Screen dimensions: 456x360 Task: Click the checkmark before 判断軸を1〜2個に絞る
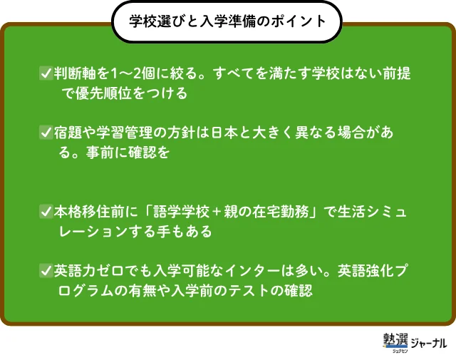(46, 73)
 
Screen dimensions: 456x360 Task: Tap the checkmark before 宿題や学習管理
(46, 133)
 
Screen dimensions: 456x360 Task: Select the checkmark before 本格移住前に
(46, 211)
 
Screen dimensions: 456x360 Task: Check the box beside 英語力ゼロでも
(46, 271)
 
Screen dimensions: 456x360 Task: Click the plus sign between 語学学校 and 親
(217, 212)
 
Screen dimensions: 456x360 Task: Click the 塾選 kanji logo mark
(395, 341)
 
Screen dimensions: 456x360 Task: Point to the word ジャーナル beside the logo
(429, 343)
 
